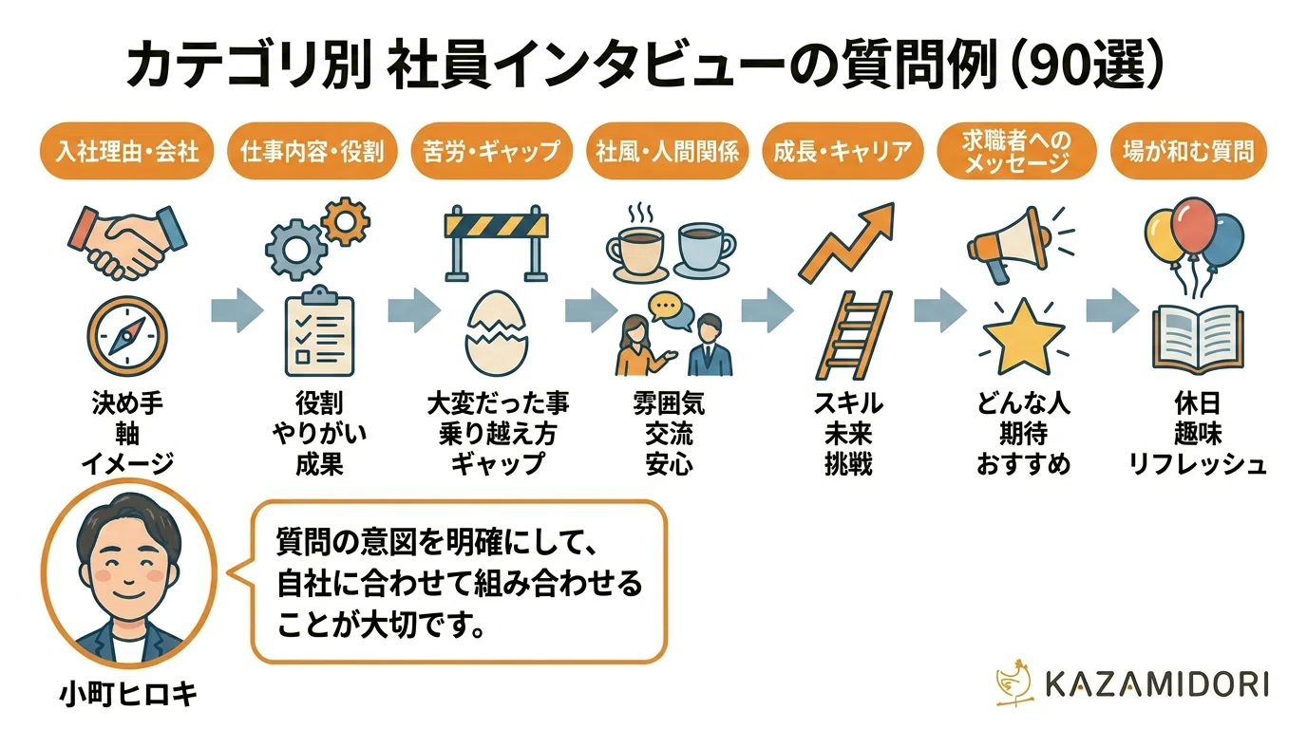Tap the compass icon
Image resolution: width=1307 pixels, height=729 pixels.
[x=127, y=337]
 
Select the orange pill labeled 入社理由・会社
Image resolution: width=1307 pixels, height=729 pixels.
[x=126, y=151]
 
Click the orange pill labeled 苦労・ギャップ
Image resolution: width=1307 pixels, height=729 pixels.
[x=492, y=151]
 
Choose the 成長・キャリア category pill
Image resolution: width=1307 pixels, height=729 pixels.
[x=843, y=151]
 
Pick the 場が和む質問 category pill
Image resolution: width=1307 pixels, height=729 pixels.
[x=1188, y=151]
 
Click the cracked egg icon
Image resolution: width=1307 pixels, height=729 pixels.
[x=497, y=333]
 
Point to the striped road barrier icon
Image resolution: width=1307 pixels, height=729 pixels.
[x=496, y=243]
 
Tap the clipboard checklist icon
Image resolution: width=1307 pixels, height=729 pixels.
[x=319, y=330]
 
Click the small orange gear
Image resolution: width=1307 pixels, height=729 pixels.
[x=346, y=221]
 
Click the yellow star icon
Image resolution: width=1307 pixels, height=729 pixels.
[x=1023, y=337]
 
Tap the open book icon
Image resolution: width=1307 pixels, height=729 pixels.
[x=1198, y=338]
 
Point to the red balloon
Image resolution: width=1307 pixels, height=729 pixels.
[x=1193, y=226]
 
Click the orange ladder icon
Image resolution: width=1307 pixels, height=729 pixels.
[x=854, y=335]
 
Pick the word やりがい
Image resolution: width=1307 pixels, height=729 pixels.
[x=319, y=433]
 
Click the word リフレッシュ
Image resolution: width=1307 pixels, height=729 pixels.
[x=1198, y=464]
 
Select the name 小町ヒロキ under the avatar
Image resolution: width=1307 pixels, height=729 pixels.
[x=128, y=695]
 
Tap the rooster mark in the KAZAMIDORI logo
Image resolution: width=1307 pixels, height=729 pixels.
[x=1014, y=682]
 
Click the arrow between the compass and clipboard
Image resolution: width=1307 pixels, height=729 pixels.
[x=237, y=310]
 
